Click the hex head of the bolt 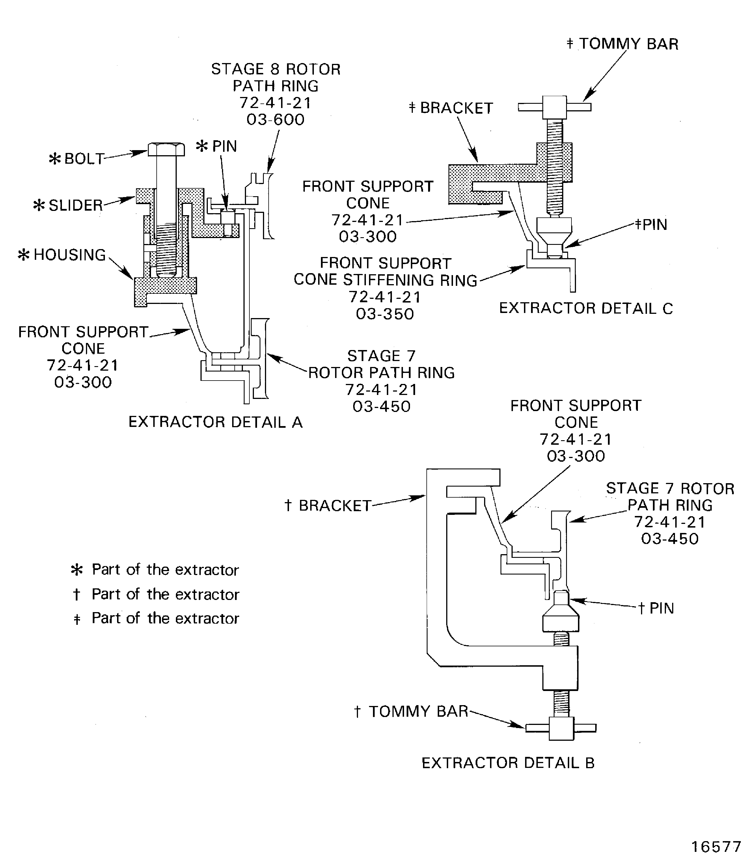click(x=166, y=150)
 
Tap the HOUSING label click(x=69, y=255)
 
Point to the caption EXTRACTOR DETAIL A click(x=215, y=422)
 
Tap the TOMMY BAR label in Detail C click(x=628, y=44)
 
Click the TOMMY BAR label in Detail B click(x=418, y=711)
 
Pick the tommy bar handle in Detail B click(x=561, y=728)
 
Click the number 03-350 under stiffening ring click(x=385, y=314)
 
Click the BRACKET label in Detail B click(x=335, y=506)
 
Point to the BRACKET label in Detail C click(x=456, y=108)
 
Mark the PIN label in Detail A click(x=224, y=146)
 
